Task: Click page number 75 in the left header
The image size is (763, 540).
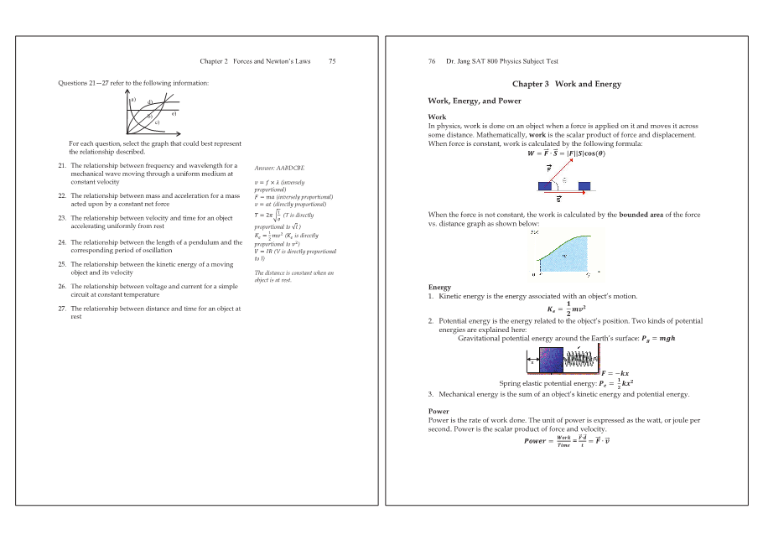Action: pos(332,61)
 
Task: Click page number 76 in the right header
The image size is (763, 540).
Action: pos(432,61)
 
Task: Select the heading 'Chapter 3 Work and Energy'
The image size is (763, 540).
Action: pos(566,84)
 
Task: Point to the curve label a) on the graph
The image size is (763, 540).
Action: pos(132,100)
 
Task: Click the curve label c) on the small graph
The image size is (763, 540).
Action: pos(157,122)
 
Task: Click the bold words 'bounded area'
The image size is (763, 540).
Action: pos(645,215)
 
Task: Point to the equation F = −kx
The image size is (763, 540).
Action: pos(615,373)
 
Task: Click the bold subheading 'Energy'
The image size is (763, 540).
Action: pos(439,287)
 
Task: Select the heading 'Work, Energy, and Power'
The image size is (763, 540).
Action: pos(475,101)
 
